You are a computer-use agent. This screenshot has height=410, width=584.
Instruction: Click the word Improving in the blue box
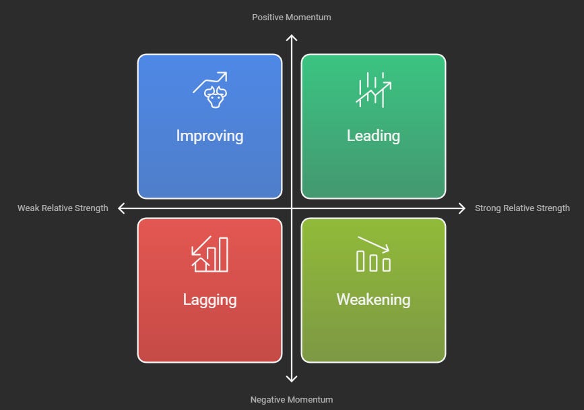coord(209,136)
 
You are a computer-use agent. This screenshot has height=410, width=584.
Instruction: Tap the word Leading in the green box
coord(373,136)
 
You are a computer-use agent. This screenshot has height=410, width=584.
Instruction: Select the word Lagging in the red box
coord(209,299)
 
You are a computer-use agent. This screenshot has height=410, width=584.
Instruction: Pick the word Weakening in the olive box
coord(373,299)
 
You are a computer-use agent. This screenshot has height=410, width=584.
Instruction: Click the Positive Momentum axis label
coord(292,17)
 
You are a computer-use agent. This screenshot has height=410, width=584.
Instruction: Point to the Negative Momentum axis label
coord(292,399)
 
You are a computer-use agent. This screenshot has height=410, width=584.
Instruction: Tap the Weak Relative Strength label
coord(63,208)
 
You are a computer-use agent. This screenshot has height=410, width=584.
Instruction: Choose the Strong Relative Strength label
coord(522,208)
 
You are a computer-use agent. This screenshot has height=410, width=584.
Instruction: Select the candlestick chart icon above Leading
coord(373,90)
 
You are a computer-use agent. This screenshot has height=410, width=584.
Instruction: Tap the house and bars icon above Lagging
coord(209,254)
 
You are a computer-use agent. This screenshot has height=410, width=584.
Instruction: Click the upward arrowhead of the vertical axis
coord(292,39)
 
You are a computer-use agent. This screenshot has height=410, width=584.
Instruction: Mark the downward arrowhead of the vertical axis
coord(292,379)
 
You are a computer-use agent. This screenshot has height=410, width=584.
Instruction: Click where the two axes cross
coord(292,208)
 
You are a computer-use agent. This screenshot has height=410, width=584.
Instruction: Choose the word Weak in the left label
coord(28,208)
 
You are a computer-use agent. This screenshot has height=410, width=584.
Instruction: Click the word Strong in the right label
coord(488,208)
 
